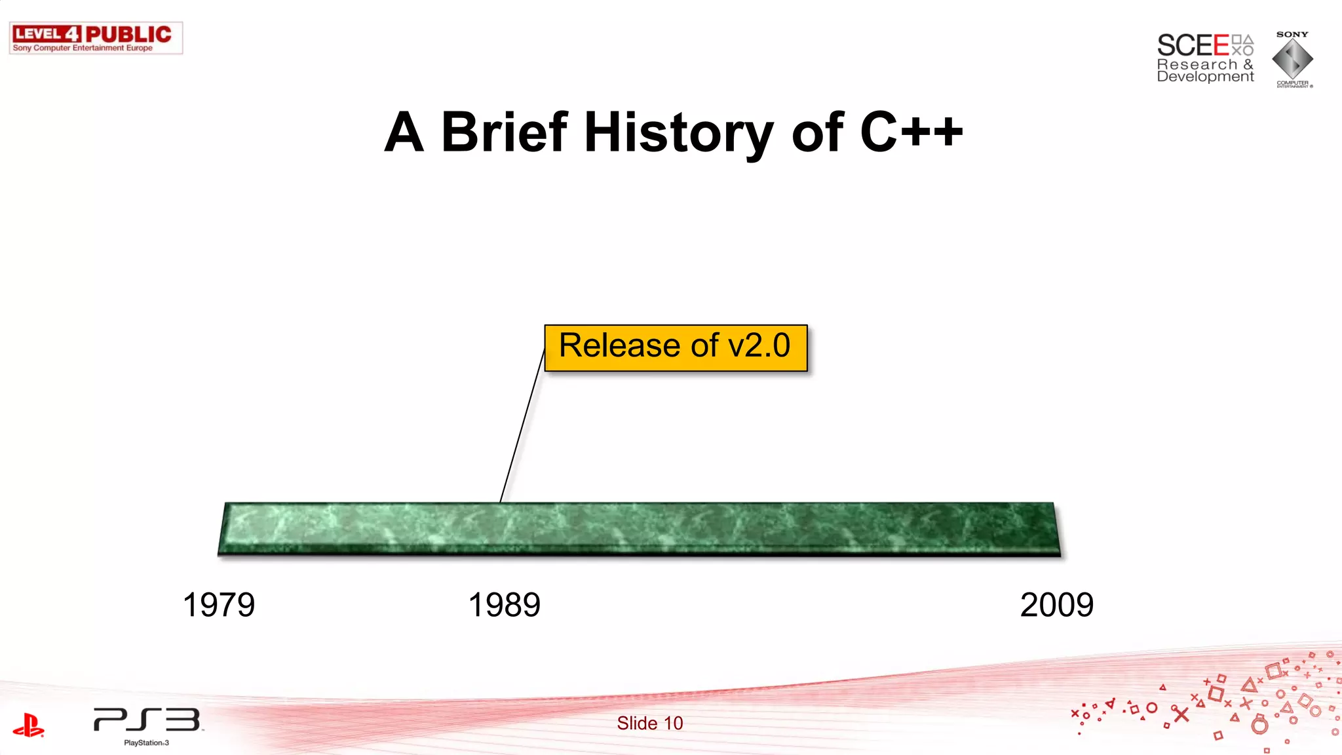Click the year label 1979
pyautogui.click(x=218, y=604)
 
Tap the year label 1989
pyautogui.click(x=504, y=604)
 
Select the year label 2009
pyautogui.click(x=1056, y=604)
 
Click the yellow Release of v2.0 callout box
pyautogui.click(x=676, y=347)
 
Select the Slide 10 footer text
pyautogui.click(x=649, y=723)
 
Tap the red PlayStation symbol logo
pyautogui.click(x=28, y=726)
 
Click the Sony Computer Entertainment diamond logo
pyautogui.click(x=1292, y=60)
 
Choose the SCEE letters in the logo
pyautogui.click(x=1193, y=46)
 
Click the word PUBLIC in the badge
pyautogui.click(x=128, y=34)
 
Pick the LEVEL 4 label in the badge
pyautogui.click(x=47, y=34)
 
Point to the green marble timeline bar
pyautogui.click(x=639, y=529)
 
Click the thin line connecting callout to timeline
pyautogui.click(x=522, y=426)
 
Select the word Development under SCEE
pyautogui.click(x=1205, y=77)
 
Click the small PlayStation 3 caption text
pyautogui.click(x=146, y=743)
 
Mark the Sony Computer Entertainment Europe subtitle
pyautogui.click(x=83, y=48)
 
